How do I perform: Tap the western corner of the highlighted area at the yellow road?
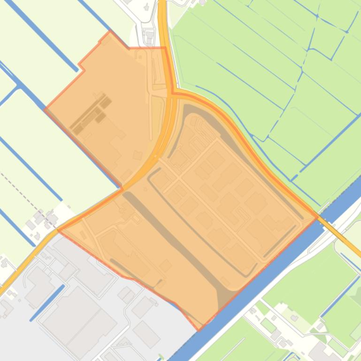(57, 230)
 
